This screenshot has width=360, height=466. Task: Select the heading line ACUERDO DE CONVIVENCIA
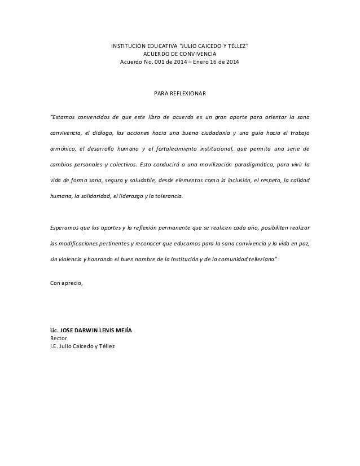179,54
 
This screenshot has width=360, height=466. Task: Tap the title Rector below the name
59,337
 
